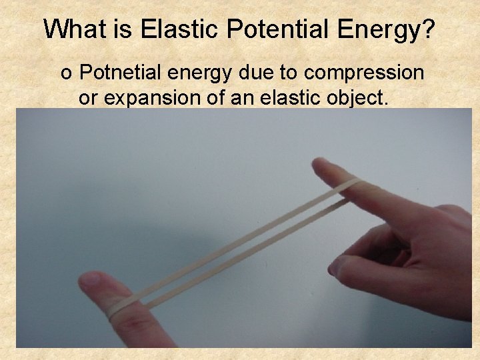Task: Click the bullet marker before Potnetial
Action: tap(66, 73)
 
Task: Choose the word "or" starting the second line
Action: tap(87, 99)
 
